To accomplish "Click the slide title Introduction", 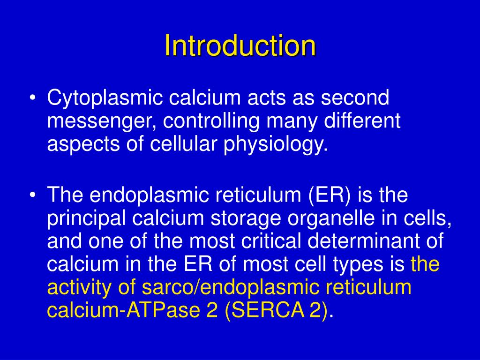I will click(x=240, y=45).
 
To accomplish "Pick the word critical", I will click(x=272, y=242).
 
